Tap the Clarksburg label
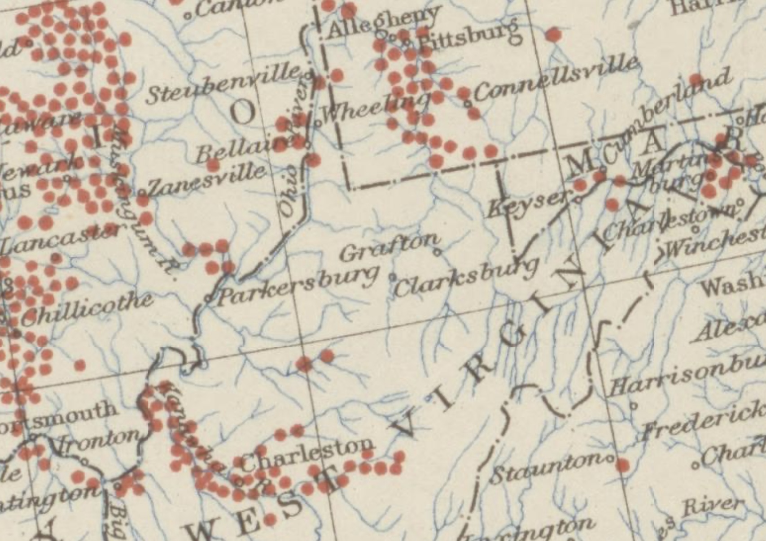[x=466, y=278]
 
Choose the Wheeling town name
[x=374, y=108]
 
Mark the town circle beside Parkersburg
[x=208, y=298]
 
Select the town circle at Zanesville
[x=141, y=193]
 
